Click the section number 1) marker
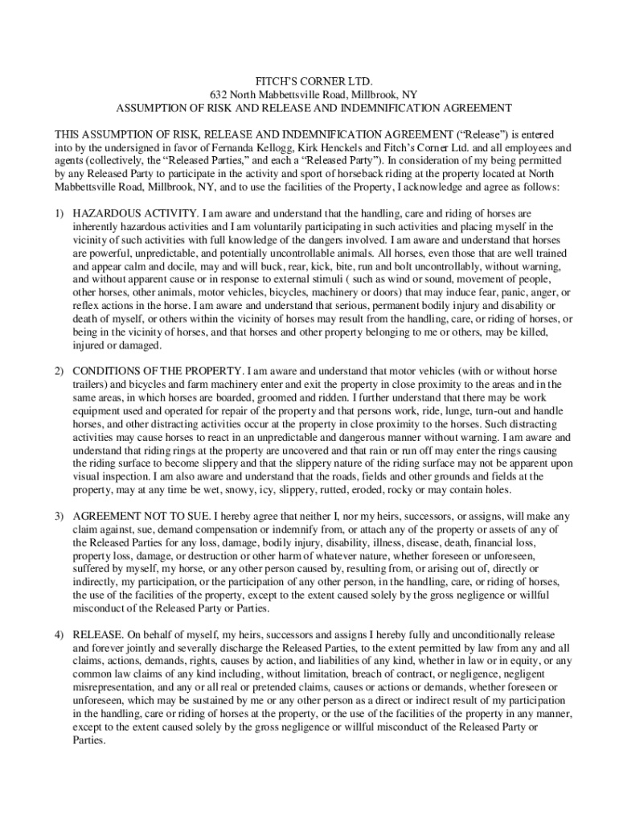pyautogui.click(x=59, y=214)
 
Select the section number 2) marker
pyautogui.click(x=59, y=371)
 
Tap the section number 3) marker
pyautogui.click(x=59, y=516)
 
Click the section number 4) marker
pyautogui.click(x=59, y=635)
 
